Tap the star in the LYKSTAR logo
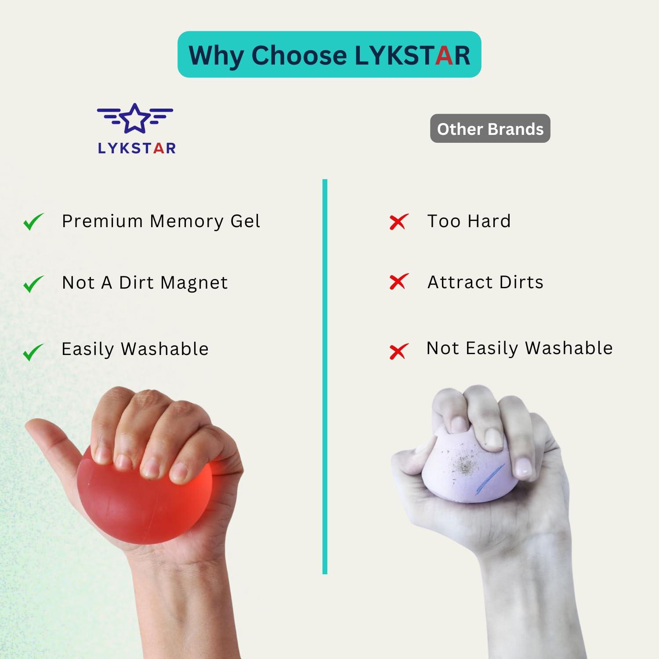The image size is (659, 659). pyautogui.click(x=134, y=118)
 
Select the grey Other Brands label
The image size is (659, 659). pyautogui.click(x=490, y=129)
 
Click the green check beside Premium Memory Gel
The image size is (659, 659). pyautogui.click(x=33, y=221)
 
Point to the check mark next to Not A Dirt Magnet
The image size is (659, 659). pyautogui.click(x=33, y=284)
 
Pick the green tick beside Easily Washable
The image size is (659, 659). pyautogui.click(x=33, y=351)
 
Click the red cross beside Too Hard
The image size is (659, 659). pyautogui.click(x=398, y=222)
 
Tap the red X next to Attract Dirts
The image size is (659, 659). pyautogui.click(x=398, y=282)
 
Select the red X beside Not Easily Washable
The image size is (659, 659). pyautogui.click(x=398, y=351)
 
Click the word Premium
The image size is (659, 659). pyautogui.click(x=102, y=221)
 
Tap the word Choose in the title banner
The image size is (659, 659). pyautogui.click(x=299, y=56)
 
